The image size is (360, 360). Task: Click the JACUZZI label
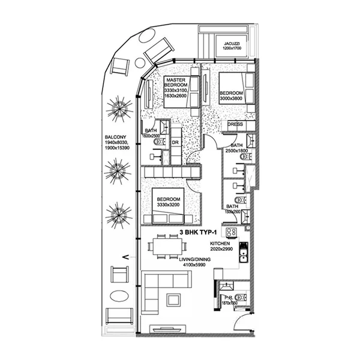point(233,44)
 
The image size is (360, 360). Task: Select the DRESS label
point(235,125)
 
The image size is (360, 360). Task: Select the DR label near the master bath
point(175,142)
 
